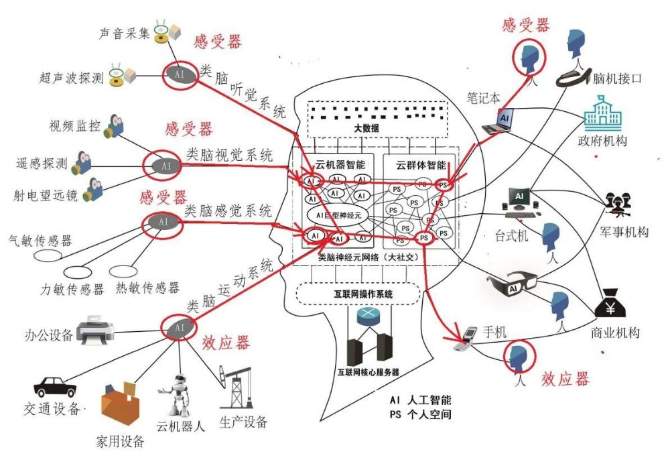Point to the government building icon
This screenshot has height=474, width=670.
pos(602,113)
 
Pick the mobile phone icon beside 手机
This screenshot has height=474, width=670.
pos(466,339)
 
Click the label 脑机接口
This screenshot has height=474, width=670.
pos(618,78)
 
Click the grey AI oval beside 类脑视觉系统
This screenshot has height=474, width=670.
pos(163,165)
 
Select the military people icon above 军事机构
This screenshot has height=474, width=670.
pos(616,204)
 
